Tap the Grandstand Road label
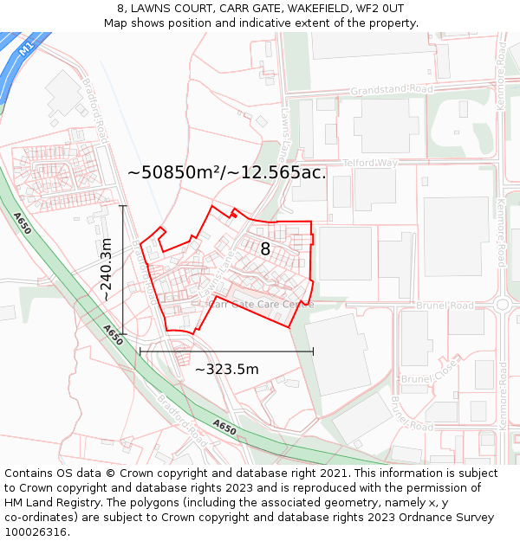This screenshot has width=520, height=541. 392,89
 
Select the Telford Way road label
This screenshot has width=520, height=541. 369,163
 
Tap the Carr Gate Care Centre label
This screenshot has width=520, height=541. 262,305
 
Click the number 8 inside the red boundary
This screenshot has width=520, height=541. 265,249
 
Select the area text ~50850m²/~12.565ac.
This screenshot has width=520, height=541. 226,172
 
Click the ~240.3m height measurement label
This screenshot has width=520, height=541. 106,269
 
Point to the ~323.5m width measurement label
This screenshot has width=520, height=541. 226,370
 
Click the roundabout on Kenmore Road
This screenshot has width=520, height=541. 503,305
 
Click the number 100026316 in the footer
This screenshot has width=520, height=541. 37,531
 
